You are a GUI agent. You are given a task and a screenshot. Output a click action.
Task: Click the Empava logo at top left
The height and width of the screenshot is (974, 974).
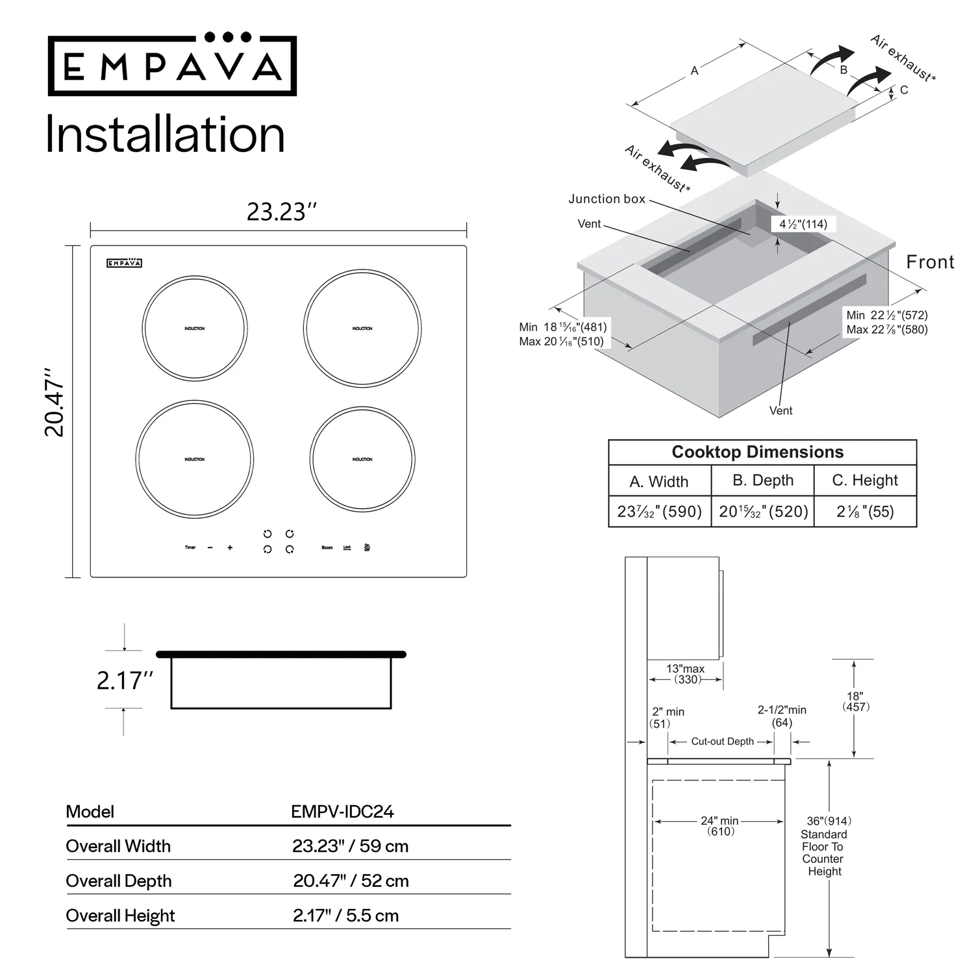[x=172, y=65]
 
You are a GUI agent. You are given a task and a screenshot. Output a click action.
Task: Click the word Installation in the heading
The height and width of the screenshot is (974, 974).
[x=165, y=134]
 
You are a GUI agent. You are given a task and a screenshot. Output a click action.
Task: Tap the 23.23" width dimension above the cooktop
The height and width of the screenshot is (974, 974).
[x=281, y=212]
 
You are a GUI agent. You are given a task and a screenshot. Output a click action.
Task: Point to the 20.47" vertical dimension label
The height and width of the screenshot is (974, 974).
[x=55, y=403]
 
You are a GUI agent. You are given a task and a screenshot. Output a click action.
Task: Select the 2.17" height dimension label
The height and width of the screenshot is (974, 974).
[x=125, y=681]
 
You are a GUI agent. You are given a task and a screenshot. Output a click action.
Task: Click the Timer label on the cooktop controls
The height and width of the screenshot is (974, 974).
[x=190, y=547]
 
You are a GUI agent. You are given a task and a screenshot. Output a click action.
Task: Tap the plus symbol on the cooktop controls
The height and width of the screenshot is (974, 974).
[x=230, y=547]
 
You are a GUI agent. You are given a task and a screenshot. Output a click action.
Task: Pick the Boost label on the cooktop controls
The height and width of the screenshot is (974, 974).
[x=327, y=547]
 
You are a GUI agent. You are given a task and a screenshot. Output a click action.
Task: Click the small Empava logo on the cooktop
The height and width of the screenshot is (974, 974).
[x=124, y=263]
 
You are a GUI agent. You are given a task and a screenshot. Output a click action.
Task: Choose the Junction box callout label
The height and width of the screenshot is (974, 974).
[x=606, y=199]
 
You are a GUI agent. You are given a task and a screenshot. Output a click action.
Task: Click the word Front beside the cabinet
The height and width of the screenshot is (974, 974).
[x=930, y=262]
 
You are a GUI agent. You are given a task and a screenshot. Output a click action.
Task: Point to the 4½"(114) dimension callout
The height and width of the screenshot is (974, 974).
[x=803, y=224]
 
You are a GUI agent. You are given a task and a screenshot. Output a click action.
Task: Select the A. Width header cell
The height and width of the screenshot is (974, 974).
[x=658, y=481]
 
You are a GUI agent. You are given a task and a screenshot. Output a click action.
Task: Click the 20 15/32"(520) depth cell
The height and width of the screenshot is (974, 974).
[x=763, y=511]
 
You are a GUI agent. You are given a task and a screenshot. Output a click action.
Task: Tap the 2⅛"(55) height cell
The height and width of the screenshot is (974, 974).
[x=865, y=511]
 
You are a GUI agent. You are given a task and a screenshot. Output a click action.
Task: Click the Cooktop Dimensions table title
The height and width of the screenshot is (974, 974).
[x=757, y=452]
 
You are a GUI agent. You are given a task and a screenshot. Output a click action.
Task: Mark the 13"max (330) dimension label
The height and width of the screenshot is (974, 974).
[x=686, y=673]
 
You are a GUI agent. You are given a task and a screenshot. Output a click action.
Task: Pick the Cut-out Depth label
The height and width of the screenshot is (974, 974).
[x=722, y=741]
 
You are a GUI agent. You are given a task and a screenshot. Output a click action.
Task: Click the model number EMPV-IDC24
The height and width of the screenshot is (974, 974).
[x=342, y=812]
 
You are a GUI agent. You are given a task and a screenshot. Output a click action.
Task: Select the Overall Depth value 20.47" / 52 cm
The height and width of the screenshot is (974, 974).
[x=351, y=880]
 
